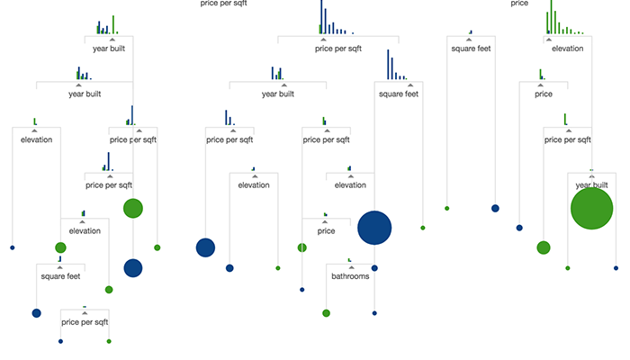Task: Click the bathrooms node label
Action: pos(350,276)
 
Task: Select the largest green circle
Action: pos(591,209)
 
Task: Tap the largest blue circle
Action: pos(374,228)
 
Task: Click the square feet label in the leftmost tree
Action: pos(60,276)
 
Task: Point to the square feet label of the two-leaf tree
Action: pos(471,49)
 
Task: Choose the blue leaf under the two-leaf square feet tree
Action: pos(495,208)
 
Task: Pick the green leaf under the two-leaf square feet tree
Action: pos(446,208)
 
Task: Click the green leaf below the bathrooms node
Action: pos(326,313)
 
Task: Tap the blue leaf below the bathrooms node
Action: pos(374,313)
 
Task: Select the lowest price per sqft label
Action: pos(85,322)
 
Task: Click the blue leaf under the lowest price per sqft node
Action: pos(60,341)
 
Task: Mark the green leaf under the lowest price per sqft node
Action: pos(109,341)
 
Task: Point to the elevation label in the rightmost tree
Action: pos(567,49)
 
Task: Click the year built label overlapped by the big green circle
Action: pos(591,185)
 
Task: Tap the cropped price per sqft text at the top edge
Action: pos(223,4)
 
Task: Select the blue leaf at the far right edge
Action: pos(616,268)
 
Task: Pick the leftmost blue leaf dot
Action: pos(13,247)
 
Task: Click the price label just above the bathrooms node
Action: pos(326,231)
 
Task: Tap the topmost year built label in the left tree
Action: pos(109,49)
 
